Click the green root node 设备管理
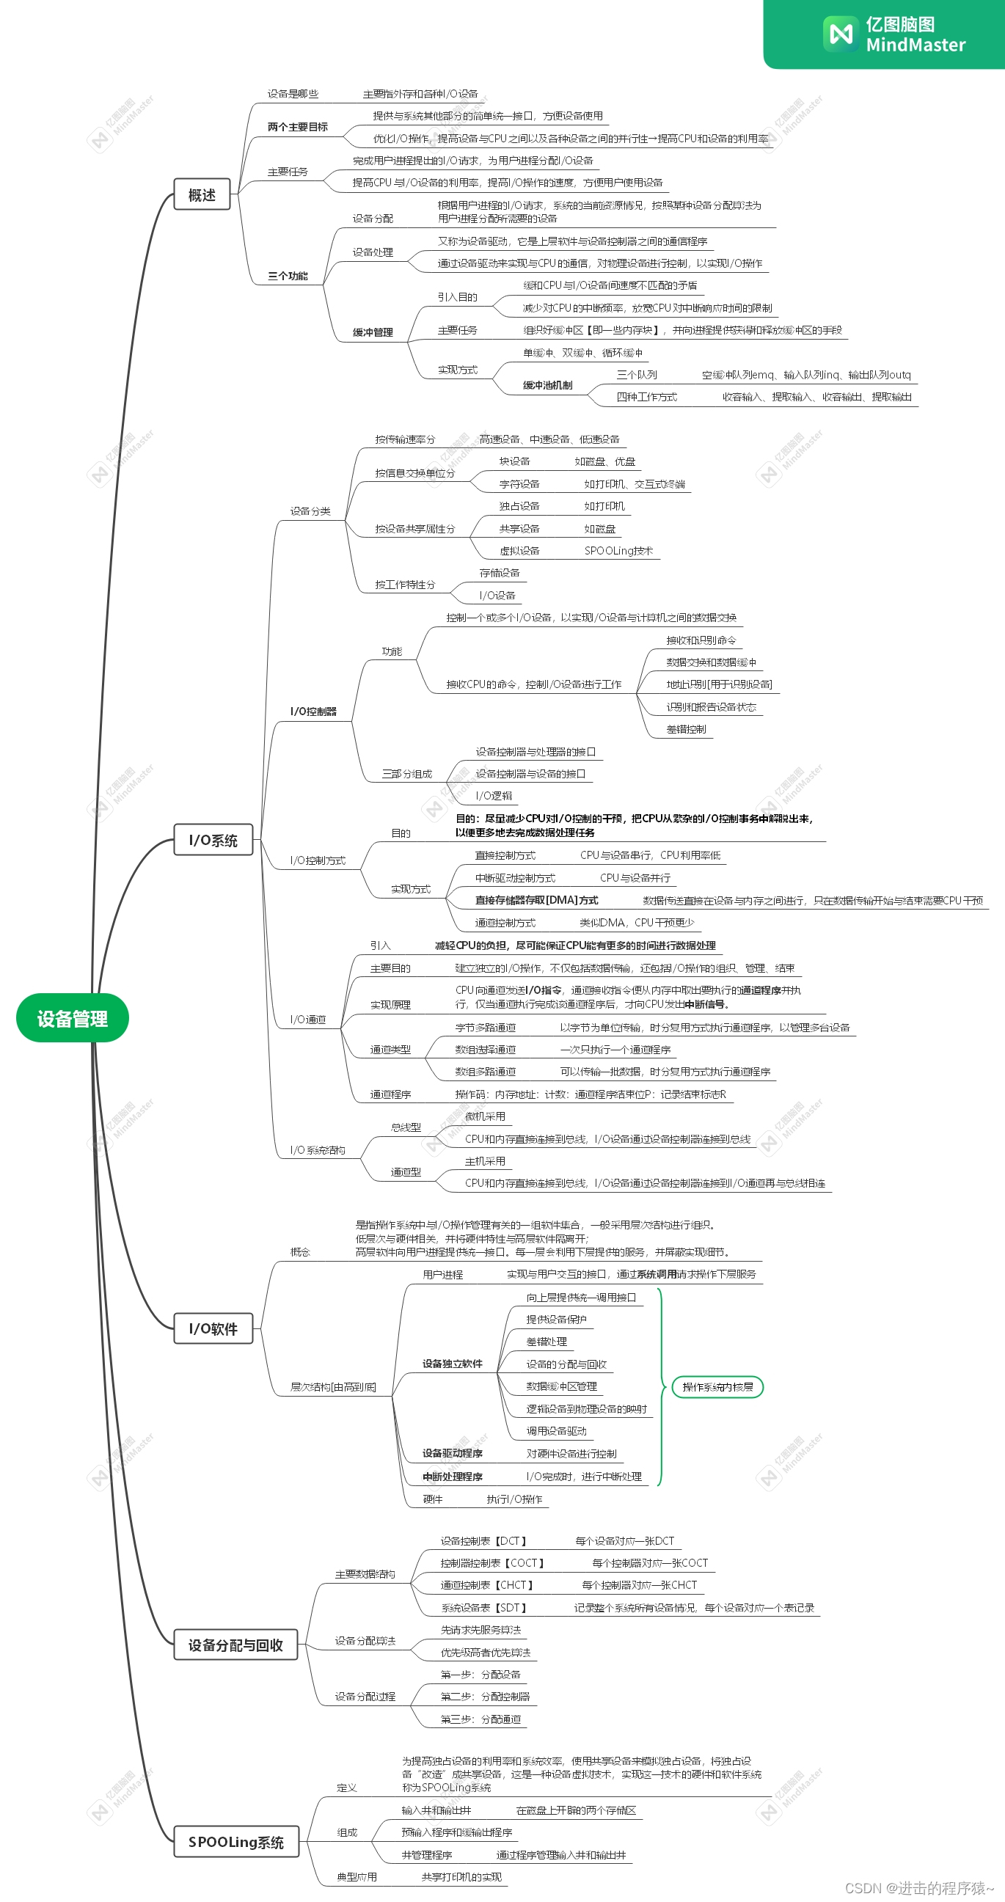73,1018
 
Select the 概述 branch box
202,195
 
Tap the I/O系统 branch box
213,841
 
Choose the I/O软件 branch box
213,1329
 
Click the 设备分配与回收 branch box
235,1645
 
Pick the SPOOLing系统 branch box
236,1841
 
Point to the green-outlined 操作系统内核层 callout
717,1387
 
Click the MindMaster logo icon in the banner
841,34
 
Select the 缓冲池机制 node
547,385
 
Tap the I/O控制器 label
313,712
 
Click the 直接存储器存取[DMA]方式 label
536,901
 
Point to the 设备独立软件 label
452,1364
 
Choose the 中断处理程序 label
452,1477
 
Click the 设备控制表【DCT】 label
483,1542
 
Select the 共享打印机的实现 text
461,1877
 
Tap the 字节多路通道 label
485,1028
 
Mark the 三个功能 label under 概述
288,276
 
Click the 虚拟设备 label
519,551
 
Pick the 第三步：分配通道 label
480,1719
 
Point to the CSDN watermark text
918,1888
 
